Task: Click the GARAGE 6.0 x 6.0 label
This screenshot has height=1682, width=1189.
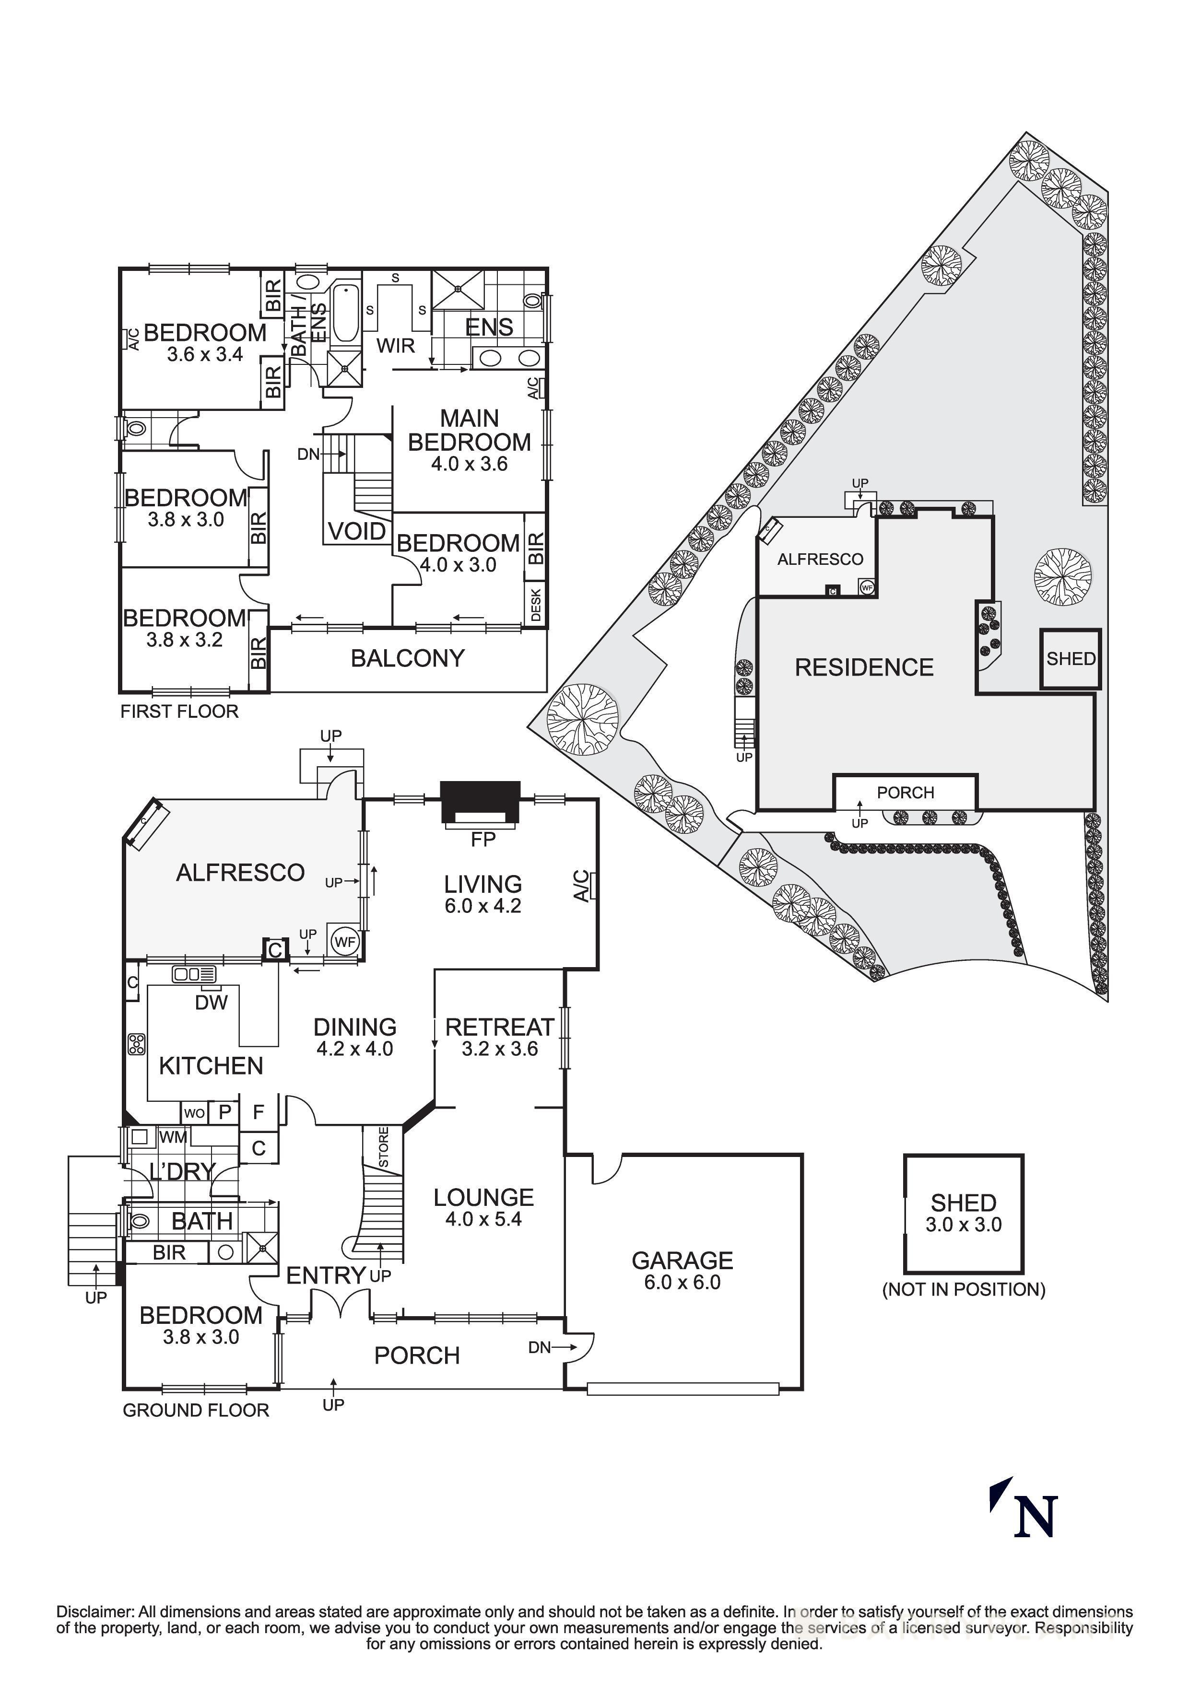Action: pos(682,1271)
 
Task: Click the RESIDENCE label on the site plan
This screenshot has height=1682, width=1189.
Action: pos(864,667)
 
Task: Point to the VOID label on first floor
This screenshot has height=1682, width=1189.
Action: pos(357,531)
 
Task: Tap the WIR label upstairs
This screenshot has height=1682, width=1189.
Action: pos(396,345)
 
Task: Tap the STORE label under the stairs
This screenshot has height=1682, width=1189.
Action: pos(384,1148)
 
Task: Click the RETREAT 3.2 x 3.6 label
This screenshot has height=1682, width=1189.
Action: pos(500,1037)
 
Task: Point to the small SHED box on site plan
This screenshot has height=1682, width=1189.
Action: pos(1071,659)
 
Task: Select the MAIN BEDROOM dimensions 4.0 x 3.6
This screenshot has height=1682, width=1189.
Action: pos(469,464)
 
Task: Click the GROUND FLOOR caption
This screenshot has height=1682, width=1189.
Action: pos(196,1410)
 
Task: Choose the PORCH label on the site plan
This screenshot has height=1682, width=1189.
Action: pos(906,793)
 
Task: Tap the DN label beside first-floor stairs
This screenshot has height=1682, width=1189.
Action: pos(308,454)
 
